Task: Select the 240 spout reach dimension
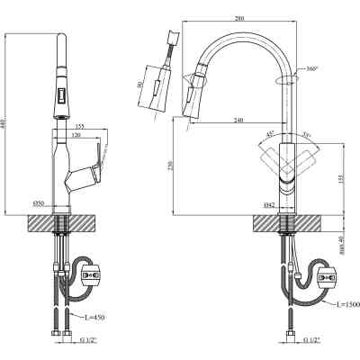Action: pyautogui.click(x=238, y=121)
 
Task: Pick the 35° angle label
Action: pyautogui.click(x=306, y=135)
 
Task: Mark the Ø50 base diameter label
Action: pyautogui.click(x=40, y=203)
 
